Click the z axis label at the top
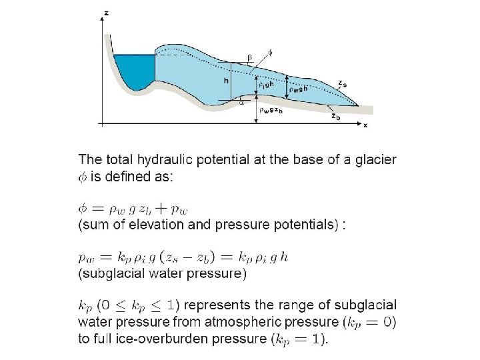pyautogui.click(x=107, y=13)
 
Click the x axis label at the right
pyautogui.click(x=365, y=125)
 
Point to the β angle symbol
pyautogui.click(x=249, y=58)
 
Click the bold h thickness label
pyautogui.click(x=227, y=80)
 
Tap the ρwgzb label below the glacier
pyautogui.click(x=271, y=111)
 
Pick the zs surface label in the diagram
pyautogui.click(x=342, y=83)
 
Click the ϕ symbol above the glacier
pyautogui.click(x=270, y=51)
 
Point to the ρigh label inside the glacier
pyautogui.click(x=266, y=85)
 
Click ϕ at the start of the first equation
pyautogui.click(x=83, y=208)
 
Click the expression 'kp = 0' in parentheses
pyautogui.click(x=369, y=323)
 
